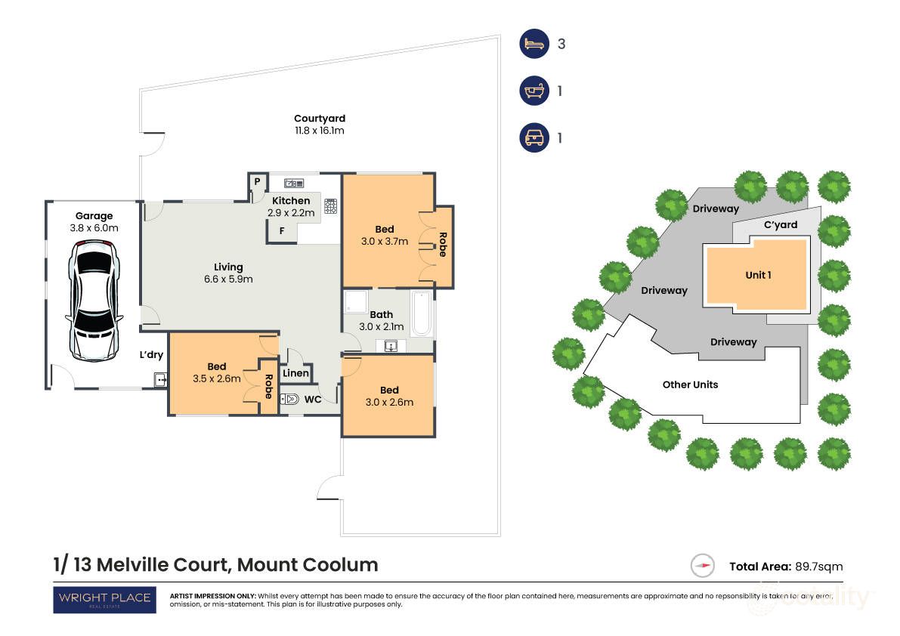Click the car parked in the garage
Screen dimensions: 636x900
coord(94,300)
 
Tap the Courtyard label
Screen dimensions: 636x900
coord(320,119)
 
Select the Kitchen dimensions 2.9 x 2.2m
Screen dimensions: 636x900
coord(290,214)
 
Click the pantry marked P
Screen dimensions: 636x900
coord(257,182)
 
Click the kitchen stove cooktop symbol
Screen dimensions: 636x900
coord(330,206)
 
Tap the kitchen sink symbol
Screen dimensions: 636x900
coord(293,183)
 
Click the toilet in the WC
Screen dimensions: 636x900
coord(290,399)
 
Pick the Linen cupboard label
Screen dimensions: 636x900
coord(295,373)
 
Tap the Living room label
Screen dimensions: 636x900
coord(228,267)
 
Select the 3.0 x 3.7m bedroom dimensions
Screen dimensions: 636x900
coord(385,242)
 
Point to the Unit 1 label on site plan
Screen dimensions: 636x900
coord(758,275)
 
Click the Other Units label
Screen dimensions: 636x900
coord(690,384)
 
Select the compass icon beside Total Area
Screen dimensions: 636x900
coord(703,566)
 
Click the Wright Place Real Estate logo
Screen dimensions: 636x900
coord(104,600)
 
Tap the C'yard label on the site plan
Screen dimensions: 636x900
coord(780,225)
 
